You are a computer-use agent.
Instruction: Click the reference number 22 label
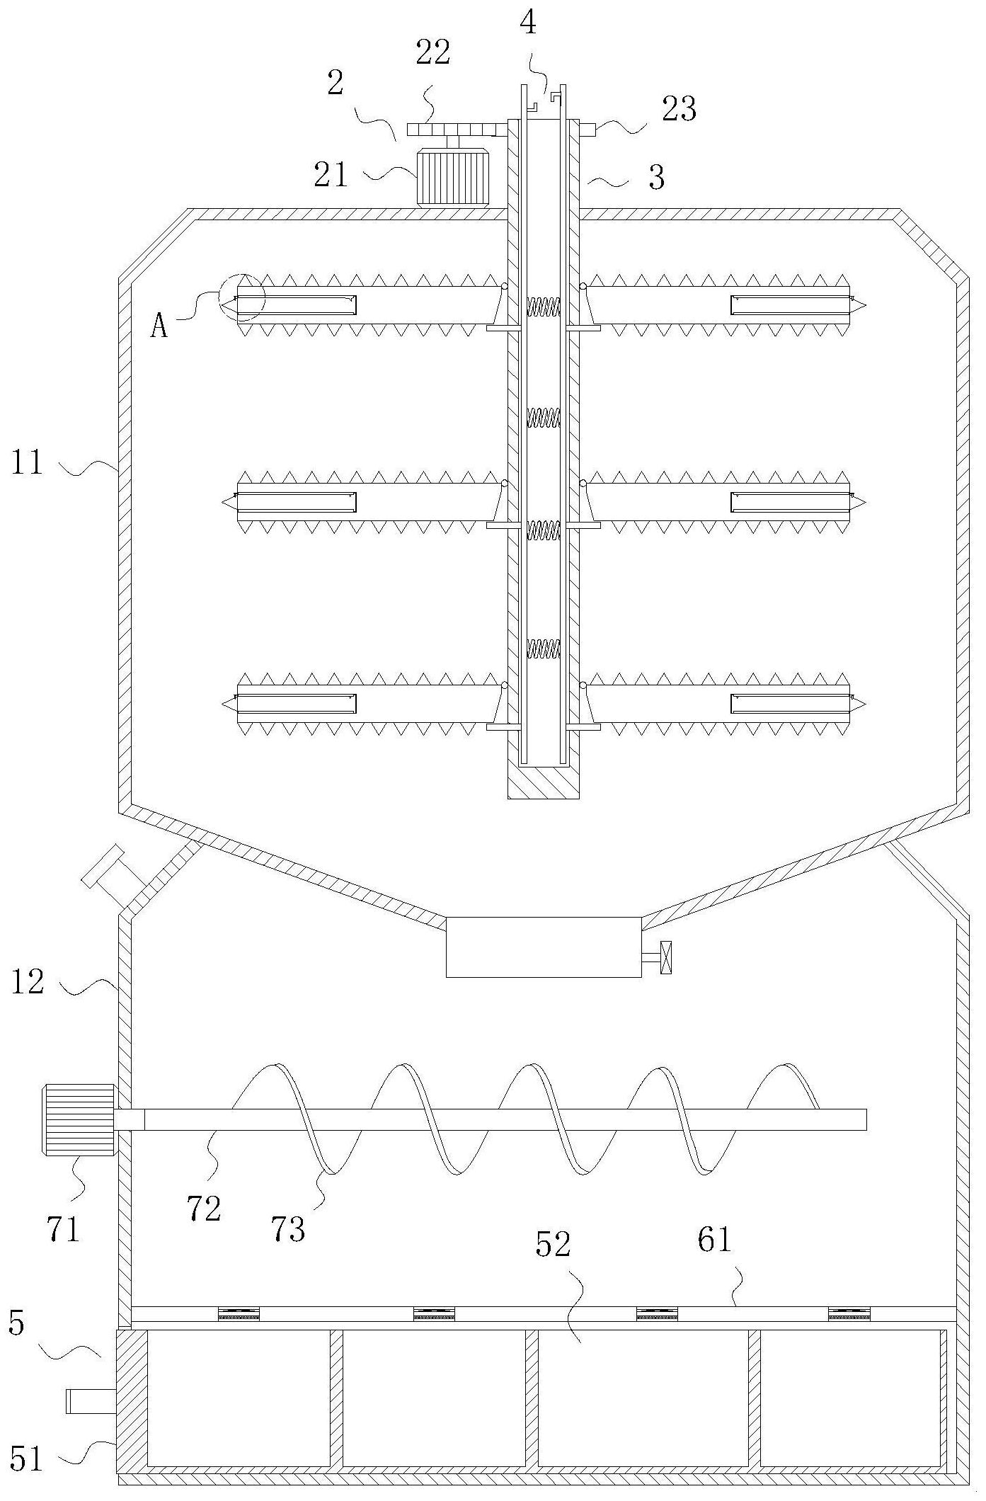pyautogui.click(x=432, y=52)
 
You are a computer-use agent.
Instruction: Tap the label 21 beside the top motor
pyautogui.click(x=331, y=174)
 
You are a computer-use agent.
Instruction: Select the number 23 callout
pyautogui.click(x=679, y=109)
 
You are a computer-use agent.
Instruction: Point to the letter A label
pyautogui.click(x=159, y=326)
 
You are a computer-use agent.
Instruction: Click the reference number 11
pyautogui.click(x=27, y=463)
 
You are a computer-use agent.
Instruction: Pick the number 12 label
pyautogui.click(x=27, y=982)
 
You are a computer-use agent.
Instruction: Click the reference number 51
pyautogui.click(x=27, y=1459)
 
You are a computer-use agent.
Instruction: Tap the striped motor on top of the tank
pyautogui.click(x=453, y=176)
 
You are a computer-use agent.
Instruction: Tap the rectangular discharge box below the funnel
pyautogui.click(x=544, y=947)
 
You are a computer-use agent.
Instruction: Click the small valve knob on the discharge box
pyautogui.click(x=665, y=958)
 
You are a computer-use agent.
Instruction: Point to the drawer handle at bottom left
pyautogui.click(x=91, y=1401)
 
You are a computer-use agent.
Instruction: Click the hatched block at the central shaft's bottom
pyautogui.click(x=544, y=782)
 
